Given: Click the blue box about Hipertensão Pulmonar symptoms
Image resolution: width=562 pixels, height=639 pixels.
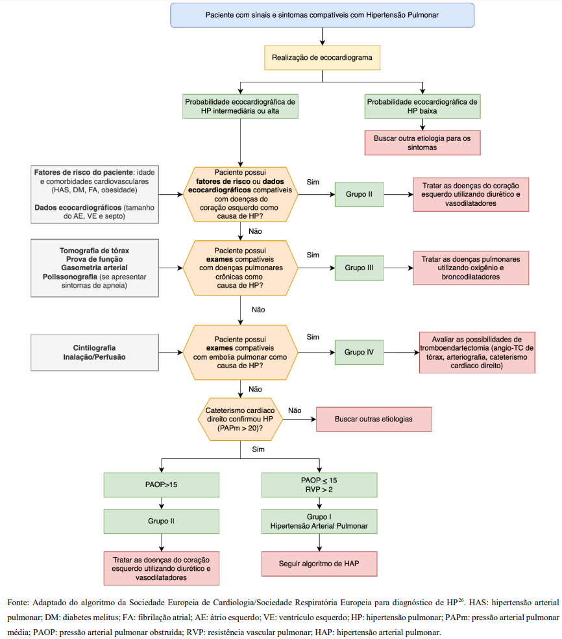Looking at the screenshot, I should tap(322, 15).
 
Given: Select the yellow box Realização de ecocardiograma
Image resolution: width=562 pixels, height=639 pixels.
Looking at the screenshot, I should tap(322, 58).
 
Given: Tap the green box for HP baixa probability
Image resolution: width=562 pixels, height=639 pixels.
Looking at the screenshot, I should tap(422, 106).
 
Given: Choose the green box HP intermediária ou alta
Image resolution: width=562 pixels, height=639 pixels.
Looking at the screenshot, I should tap(241, 106).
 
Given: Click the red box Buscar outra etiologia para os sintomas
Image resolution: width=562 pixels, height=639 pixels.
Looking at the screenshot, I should tap(422, 142).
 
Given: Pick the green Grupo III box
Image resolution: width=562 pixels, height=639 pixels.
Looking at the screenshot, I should tap(359, 268).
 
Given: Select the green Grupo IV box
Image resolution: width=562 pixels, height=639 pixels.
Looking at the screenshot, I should tap(359, 352).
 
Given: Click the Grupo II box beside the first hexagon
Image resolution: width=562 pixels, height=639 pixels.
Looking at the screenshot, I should tap(359, 194).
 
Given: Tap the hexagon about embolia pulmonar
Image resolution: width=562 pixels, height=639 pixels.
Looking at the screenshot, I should tap(241, 352).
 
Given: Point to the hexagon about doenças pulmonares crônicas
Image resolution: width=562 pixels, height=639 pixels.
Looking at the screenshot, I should tap(241, 268).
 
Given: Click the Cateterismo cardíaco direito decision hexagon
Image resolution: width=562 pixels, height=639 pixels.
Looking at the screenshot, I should tap(241, 420).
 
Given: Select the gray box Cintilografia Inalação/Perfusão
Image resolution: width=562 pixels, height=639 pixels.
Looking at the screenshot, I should tap(95, 353).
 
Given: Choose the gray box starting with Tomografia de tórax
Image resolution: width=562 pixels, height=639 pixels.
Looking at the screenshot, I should tap(95, 268).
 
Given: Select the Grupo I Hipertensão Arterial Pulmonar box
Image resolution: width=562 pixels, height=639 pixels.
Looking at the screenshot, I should tap(319, 520).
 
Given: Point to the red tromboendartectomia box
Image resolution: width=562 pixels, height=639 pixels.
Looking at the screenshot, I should tap(477, 353).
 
